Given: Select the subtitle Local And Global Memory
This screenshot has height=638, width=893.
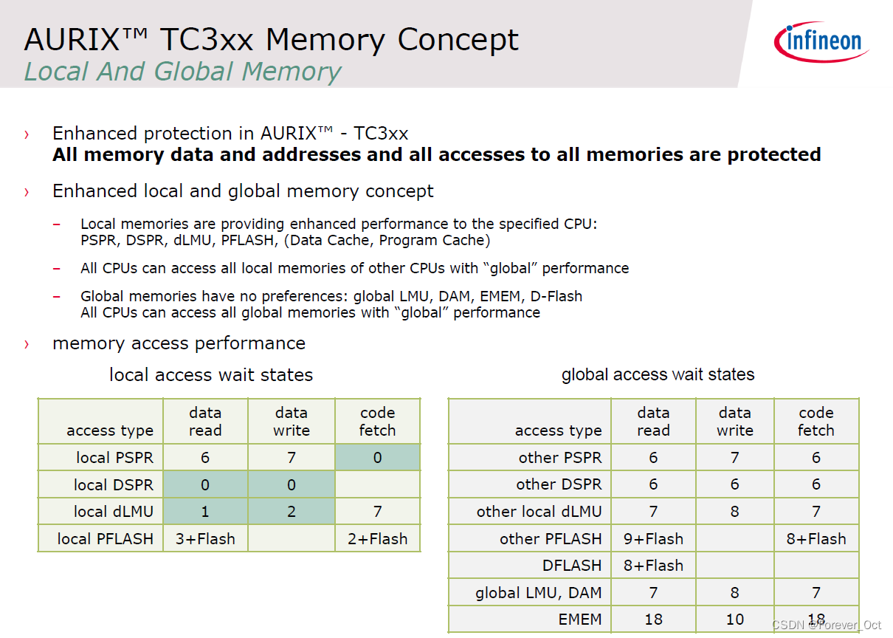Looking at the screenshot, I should (182, 72).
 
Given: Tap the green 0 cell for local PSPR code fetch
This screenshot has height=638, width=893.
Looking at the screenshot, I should (377, 458).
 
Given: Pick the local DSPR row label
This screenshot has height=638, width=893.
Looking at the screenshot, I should (114, 485).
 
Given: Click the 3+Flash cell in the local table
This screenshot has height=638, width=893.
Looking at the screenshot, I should (205, 539).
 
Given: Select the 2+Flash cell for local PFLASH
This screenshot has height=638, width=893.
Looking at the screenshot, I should (377, 539).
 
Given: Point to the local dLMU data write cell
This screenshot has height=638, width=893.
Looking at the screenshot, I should (292, 512).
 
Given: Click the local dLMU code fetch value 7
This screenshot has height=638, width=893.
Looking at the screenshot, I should (377, 512).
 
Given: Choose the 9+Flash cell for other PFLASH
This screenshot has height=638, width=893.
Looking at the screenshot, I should (653, 539).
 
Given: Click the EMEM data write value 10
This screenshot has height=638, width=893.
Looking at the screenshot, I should (734, 620).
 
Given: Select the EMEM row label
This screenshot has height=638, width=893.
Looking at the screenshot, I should (580, 620).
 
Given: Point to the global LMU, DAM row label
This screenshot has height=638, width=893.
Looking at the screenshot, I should (538, 592).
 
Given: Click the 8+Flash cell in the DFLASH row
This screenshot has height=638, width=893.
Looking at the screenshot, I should (653, 566).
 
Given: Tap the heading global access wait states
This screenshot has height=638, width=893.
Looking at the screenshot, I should (658, 374).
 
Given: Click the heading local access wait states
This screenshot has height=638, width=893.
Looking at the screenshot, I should (211, 375).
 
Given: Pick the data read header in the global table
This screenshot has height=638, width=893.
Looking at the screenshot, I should (653, 422).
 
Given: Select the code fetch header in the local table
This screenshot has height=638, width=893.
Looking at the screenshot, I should (377, 422).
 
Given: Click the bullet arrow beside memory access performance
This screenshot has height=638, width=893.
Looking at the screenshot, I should (27, 344).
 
